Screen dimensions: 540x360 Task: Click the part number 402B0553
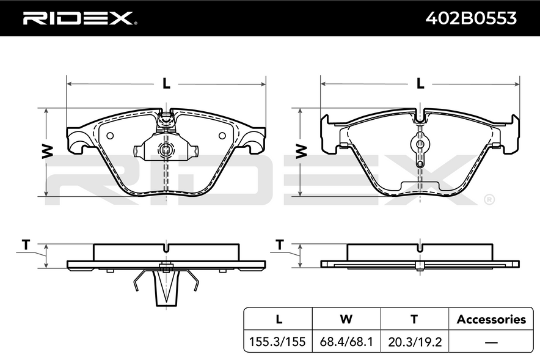coord(471,18)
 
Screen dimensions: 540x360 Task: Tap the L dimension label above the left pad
coord(166,83)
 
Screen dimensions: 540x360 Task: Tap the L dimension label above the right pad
coord(420,83)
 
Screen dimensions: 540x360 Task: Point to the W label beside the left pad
coord(48,152)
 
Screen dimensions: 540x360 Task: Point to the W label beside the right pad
coord(301,152)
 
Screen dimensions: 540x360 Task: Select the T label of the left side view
coord(26,245)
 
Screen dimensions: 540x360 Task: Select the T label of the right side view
coord(280,245)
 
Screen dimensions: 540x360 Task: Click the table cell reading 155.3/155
coord(277,342)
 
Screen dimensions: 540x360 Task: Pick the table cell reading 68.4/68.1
coord(346,342)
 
